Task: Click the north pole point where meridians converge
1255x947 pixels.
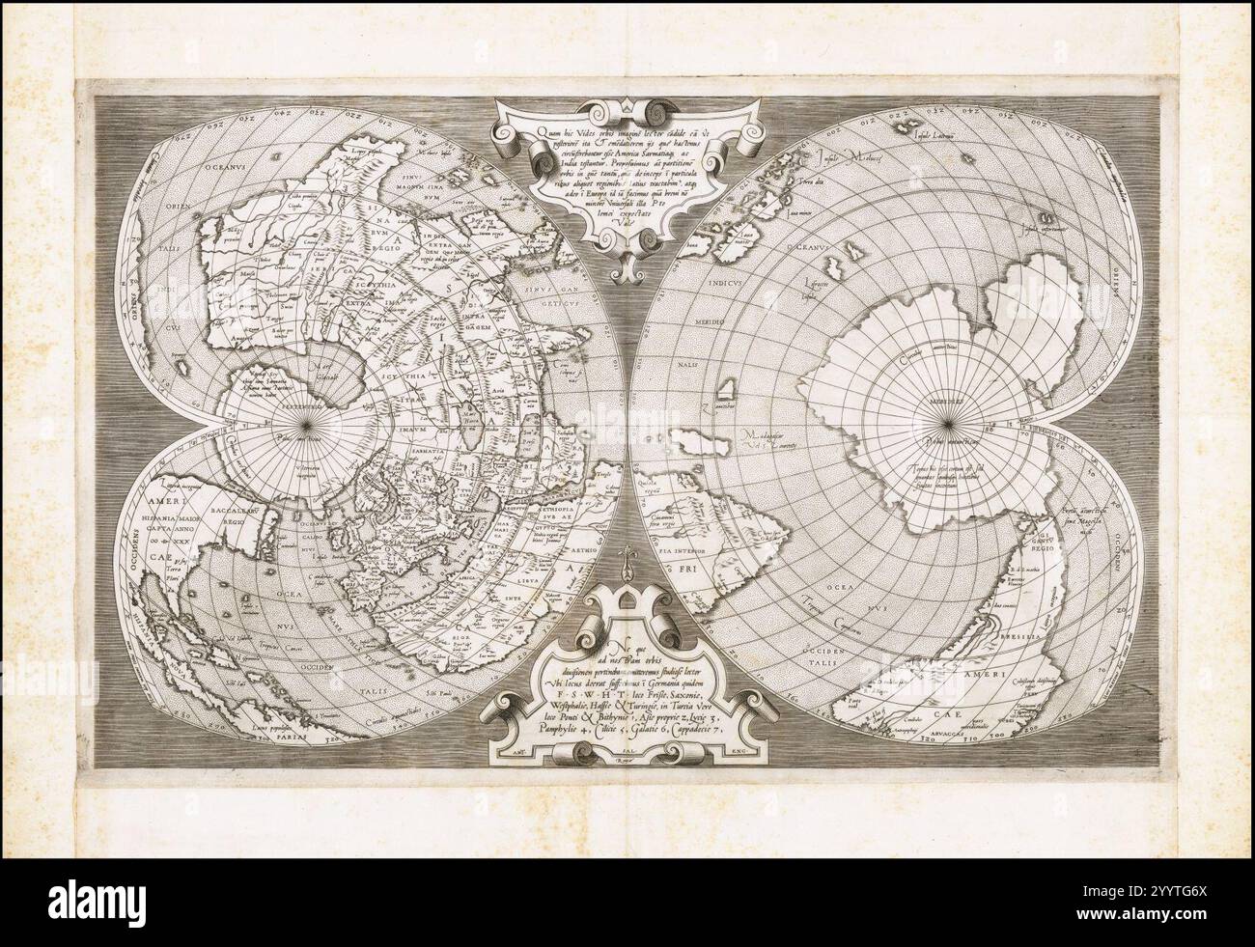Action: pos(308,423)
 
